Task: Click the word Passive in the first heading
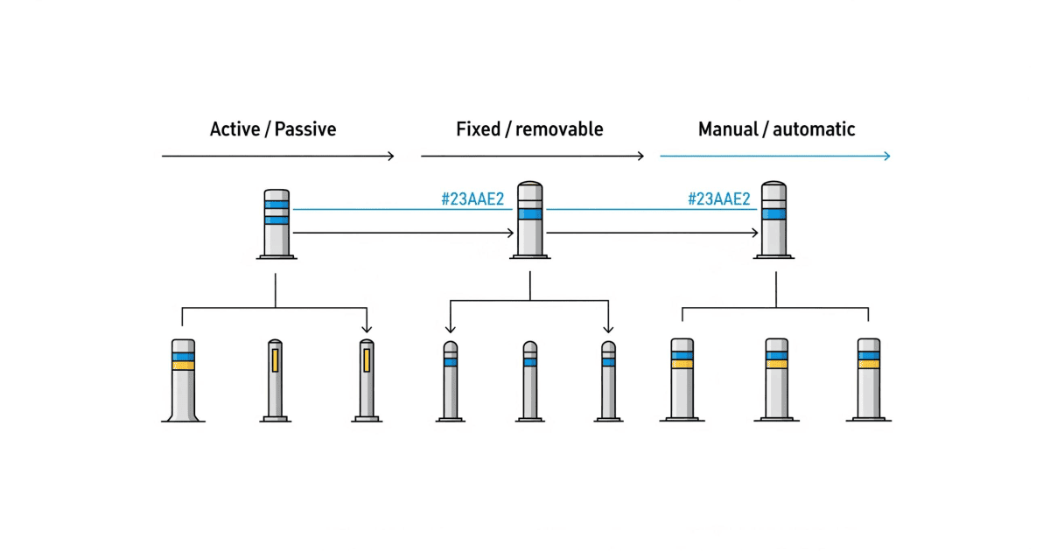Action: pos(305,129)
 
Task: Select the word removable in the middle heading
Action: pos(559,129)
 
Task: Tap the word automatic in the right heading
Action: pos(811,129)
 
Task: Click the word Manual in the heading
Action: pos(727,129)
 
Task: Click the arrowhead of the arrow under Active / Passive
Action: pos(390,156)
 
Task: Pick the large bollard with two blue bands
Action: pos(276,224)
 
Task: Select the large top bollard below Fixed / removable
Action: pos(530,220)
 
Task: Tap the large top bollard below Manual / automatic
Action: pos(773,220)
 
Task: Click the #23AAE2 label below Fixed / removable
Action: pos(472,199)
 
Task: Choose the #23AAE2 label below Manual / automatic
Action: pos(719,199)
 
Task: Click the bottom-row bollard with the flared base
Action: pos(183,380)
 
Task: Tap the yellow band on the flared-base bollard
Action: pos(183,366)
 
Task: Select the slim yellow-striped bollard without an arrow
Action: pos(275,380)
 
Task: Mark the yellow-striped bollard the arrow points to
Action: pos(367,380)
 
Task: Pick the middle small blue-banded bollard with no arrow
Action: pos(529,381)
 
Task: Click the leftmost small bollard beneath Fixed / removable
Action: pos(450,381)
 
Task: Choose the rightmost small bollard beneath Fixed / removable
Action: pos(608,381)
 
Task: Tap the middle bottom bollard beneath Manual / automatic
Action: pos(776,380)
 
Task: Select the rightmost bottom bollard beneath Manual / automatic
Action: pos(868,380)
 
